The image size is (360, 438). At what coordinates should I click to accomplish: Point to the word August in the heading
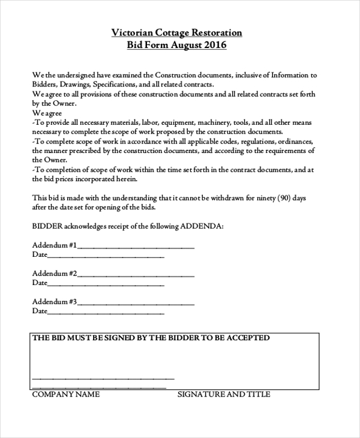185,46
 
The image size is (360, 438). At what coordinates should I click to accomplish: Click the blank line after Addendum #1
136,246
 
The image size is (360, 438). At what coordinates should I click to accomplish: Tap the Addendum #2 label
55,273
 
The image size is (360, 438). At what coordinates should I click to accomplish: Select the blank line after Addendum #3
136,302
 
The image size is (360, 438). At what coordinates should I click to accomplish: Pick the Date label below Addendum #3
39,311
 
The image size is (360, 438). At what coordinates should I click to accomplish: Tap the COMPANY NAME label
65,394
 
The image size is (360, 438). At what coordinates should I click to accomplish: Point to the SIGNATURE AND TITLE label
223,394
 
